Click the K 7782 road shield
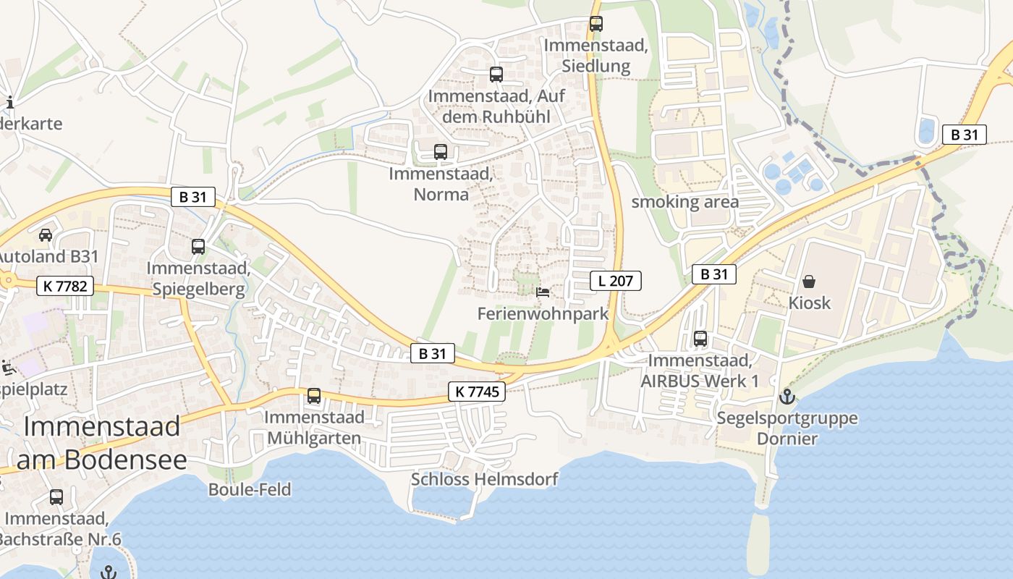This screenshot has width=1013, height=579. coord(65,286)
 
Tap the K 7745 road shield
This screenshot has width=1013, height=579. coord(476,392)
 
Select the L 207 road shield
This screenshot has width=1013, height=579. coord(616,281)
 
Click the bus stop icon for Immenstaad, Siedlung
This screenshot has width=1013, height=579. coord(596,23)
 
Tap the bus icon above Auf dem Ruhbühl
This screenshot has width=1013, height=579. coord(496,74)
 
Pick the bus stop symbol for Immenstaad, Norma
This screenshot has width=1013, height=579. coord(441,152)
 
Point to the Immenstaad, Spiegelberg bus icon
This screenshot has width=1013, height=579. coord(198,247)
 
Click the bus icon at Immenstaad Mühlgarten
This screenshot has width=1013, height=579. coord(314,396)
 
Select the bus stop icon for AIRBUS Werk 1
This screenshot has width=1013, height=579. coord(700,338)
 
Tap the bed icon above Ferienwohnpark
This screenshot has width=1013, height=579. coord(543,292)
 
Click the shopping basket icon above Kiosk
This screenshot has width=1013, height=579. coord(809,281)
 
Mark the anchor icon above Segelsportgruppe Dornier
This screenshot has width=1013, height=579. coord(787,397)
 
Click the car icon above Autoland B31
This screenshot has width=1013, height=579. coord(46,234)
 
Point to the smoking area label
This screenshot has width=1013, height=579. coord(685,202)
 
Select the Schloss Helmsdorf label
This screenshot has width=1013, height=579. coord(485,479)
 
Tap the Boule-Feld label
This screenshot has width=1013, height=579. coord(250,490)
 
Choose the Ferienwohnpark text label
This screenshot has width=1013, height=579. coord(543,314)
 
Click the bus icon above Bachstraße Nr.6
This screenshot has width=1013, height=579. coord(56,497)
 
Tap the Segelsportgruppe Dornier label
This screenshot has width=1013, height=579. coord(787,428)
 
